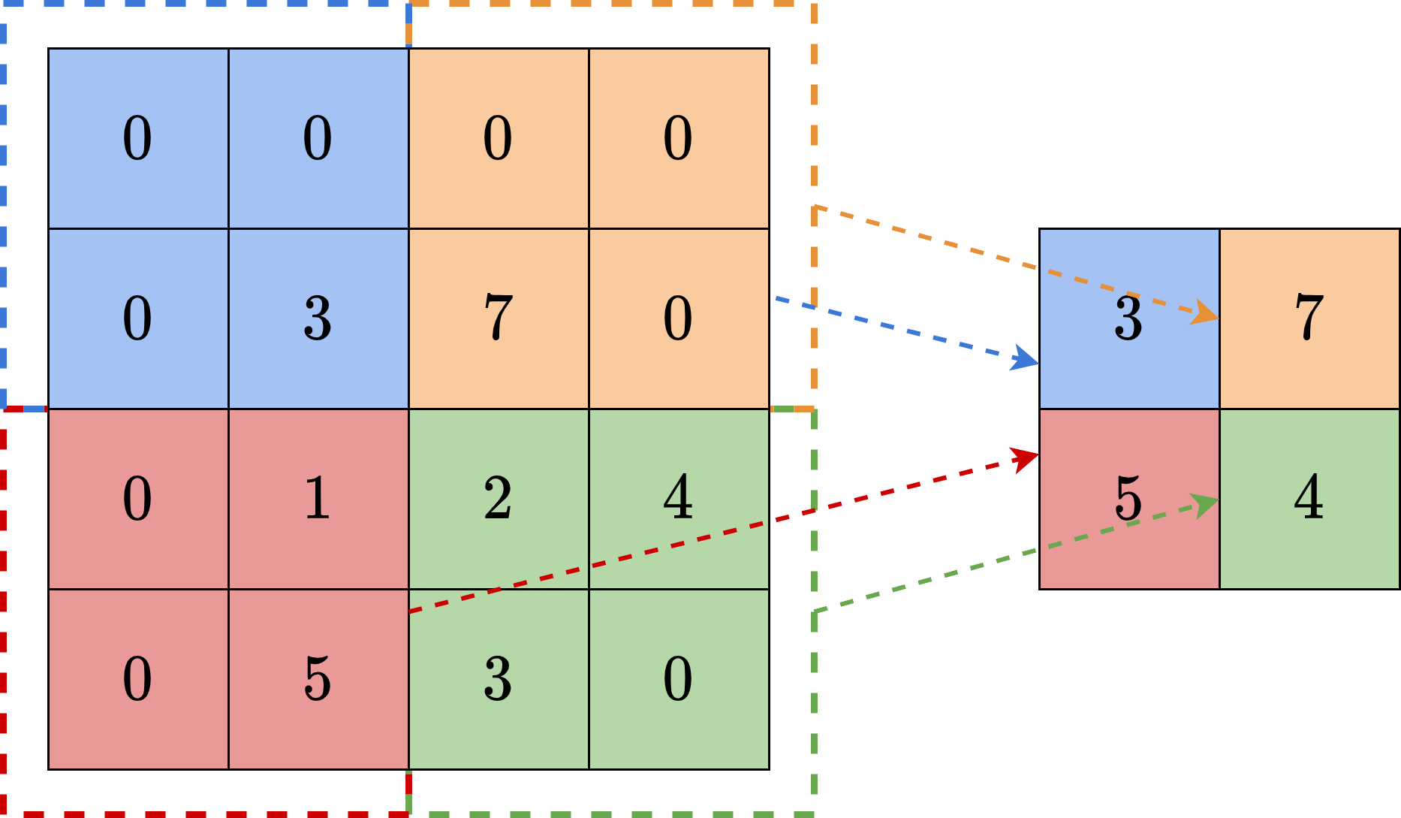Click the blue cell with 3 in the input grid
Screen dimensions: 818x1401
[x=318, y=318]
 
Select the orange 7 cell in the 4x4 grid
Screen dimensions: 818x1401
[x=499, y=318]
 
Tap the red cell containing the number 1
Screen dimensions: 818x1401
[x=318, y=499]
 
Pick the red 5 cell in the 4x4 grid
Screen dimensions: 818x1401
[x=318, y=679]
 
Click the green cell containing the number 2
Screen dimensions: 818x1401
[x=499, y=499]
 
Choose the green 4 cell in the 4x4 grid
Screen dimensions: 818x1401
[x=679, y=499]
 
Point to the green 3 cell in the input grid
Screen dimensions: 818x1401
[x=499, y=679]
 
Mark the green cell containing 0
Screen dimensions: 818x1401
[x=679, y=679]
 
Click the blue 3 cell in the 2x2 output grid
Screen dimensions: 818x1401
[x=1129, y=318]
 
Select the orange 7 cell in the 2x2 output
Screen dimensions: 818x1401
[x=1309, y=318]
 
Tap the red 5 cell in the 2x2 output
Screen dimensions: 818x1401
[x=1129, y=499]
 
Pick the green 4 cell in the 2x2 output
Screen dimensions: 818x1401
[x=1309, y=499]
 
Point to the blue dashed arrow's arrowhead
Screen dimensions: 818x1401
[x=1026, y=359]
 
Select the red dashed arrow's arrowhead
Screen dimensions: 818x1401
[x=1026, y=457]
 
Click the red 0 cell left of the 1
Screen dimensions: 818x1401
[x=138, y=499]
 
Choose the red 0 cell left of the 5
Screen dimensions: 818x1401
[x=138, y=679]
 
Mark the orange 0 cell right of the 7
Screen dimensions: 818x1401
[x=679, y=318]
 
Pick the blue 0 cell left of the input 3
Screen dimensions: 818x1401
[x=138, y=318]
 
